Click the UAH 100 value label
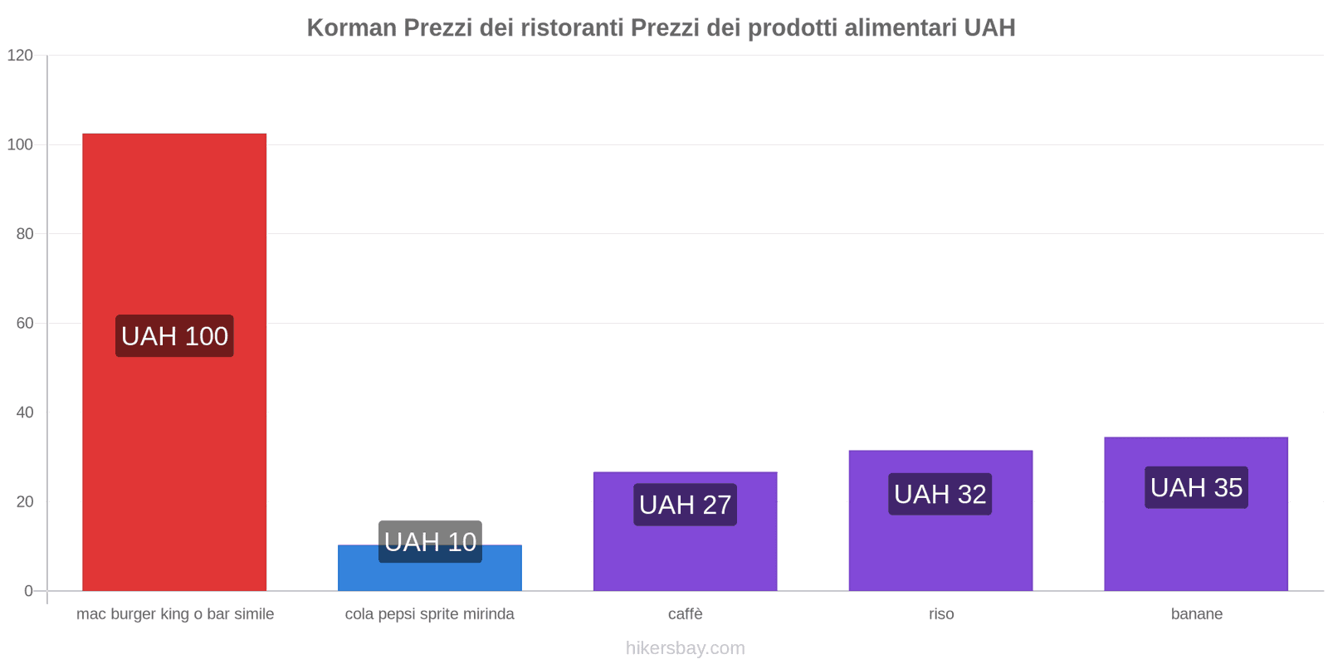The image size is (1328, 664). pos(174,336)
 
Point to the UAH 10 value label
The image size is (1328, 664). pos(430,542)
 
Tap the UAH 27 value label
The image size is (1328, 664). pos(685,505)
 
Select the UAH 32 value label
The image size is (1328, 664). pos(940,494)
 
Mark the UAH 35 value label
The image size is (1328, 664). pos(1196,487)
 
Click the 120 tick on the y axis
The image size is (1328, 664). pos(20,56)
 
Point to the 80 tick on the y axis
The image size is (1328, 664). pos(25,234)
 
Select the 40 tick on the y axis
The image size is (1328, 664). pos(25,413)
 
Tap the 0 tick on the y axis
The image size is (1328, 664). pos(29,591)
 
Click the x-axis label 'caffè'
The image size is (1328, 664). pos(685,614)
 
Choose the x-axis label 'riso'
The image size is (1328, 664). pos(941,614)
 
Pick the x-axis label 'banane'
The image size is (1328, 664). pos(1196,614)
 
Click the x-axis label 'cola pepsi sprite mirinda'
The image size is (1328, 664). pos(430,614)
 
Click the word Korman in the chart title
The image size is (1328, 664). pos(352,27)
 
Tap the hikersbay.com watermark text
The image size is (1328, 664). pos(685,648)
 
